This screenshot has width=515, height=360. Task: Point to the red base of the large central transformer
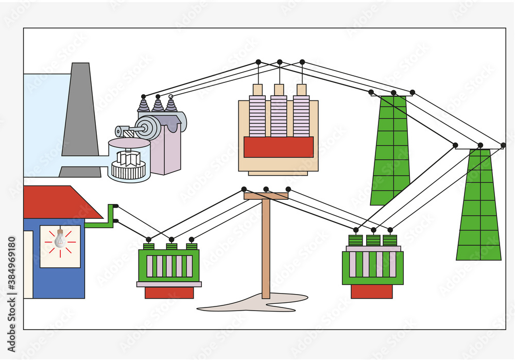(x=278, y=147)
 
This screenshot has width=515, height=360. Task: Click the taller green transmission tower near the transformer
(x=391, y=149)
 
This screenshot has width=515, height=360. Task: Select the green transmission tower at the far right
(x=479, y=206)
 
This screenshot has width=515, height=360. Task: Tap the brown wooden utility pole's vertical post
(x=266, y=247)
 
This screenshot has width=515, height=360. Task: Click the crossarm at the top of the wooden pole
(x=266, y=196)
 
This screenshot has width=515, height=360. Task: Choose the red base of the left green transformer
(x=169, y=293)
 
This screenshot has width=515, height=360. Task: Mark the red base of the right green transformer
(x=371, y=292)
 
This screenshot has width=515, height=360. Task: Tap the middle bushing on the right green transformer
(x=373, y=240)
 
